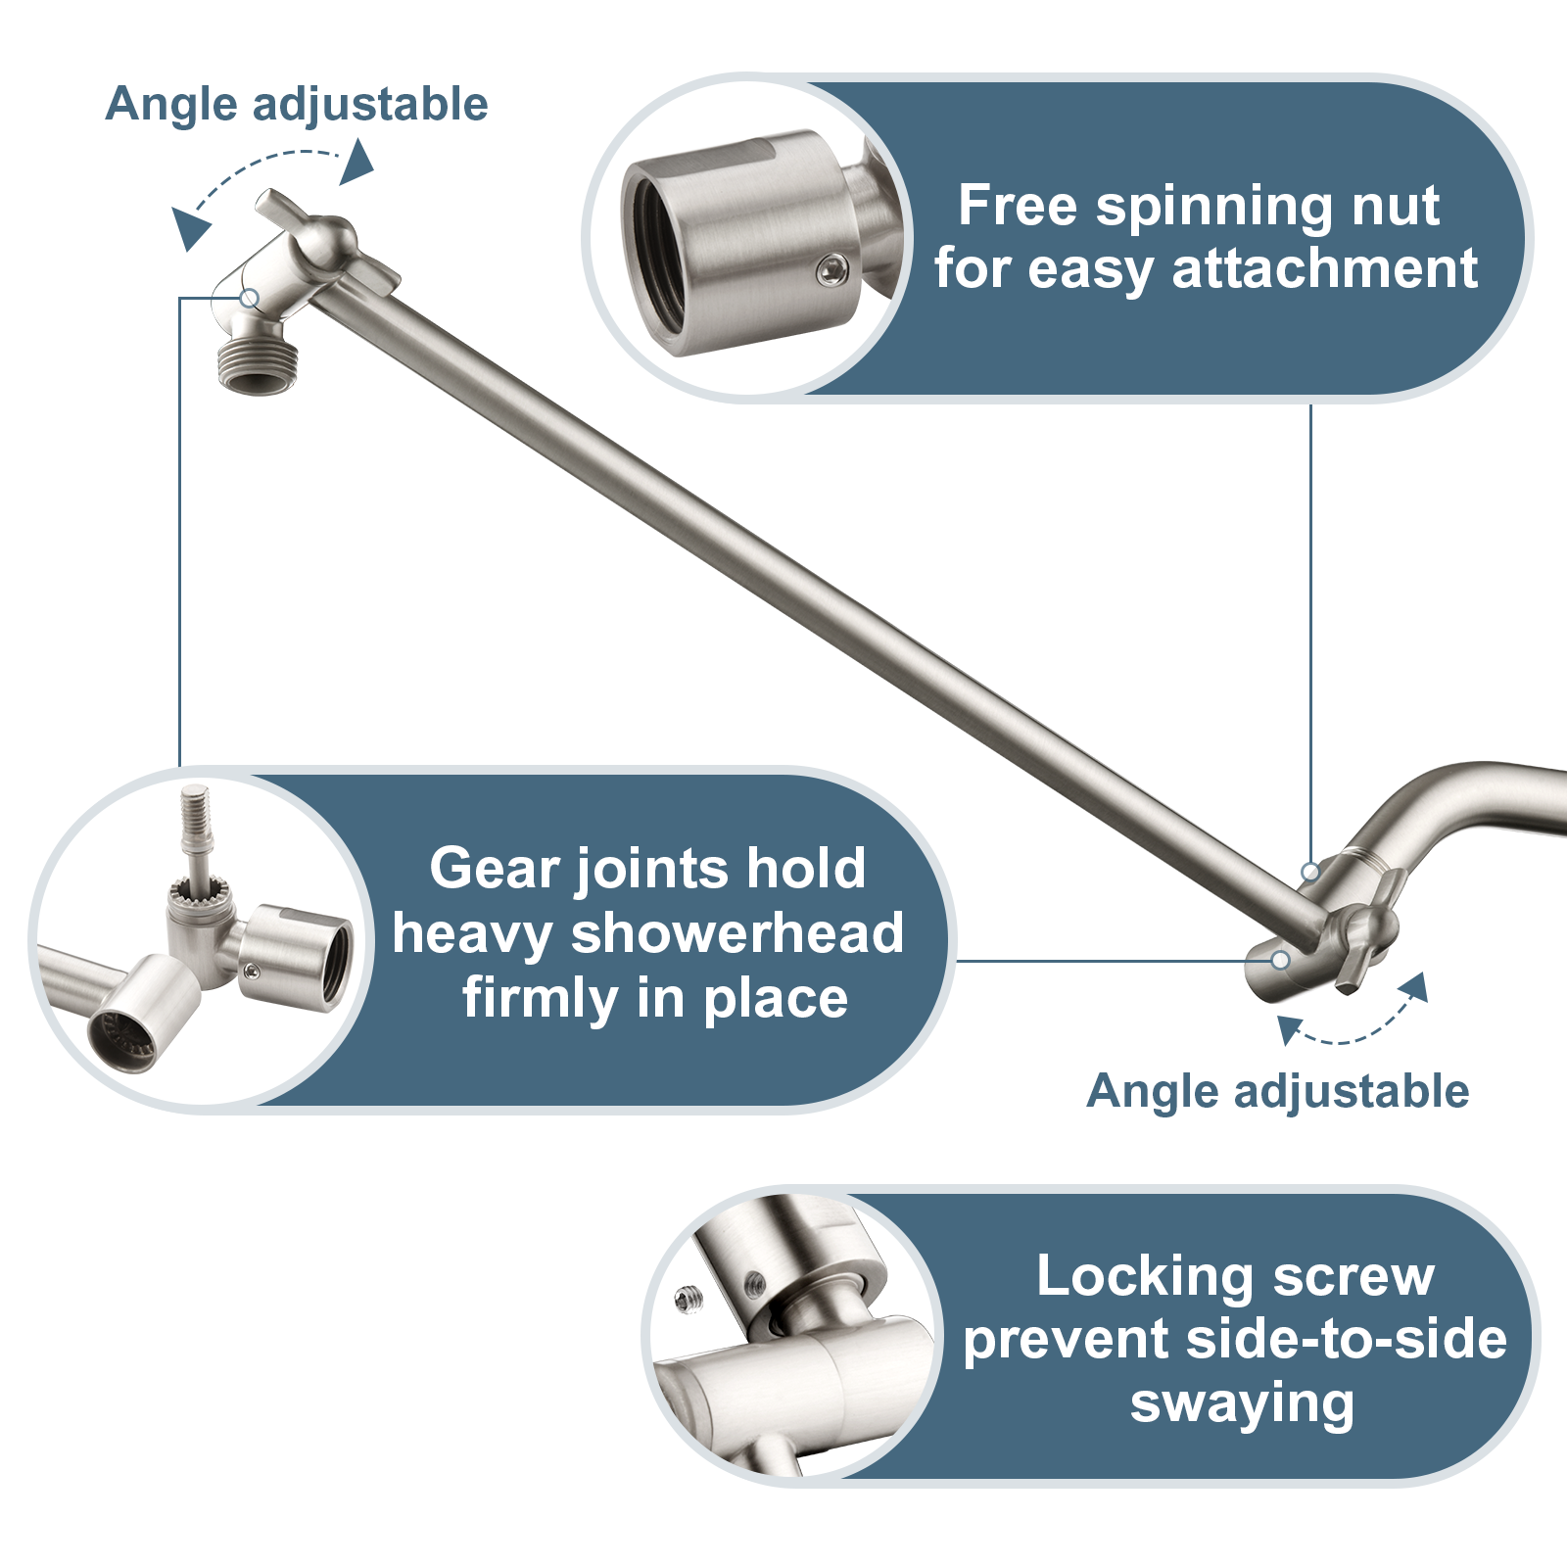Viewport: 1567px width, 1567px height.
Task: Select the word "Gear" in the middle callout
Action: pyautogui.click(x=495, y=869)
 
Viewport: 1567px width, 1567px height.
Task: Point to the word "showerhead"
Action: pyautogui.click(x=736, y=933)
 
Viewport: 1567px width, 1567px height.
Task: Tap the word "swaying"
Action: pyautogui.click(x=1242, y=1403)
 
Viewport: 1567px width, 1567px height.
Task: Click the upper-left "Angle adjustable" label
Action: pyautogui.click(x=296, y=104)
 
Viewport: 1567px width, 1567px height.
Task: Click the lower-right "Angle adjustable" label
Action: pyautogui.click(x=1277, y=1091)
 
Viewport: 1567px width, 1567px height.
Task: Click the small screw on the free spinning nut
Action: pyautogui.click(x=833, y=269)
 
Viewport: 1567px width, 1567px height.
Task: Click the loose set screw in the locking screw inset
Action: pyautogui.click(x=689, y=1300)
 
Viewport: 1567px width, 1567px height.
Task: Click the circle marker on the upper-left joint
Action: pyautogui.click(x=250, y=298)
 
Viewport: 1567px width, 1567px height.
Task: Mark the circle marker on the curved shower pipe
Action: pyautogui.click(x=1310, y=871)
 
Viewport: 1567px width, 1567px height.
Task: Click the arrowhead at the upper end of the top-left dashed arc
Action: pyautogui.click(x=358, y=163)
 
